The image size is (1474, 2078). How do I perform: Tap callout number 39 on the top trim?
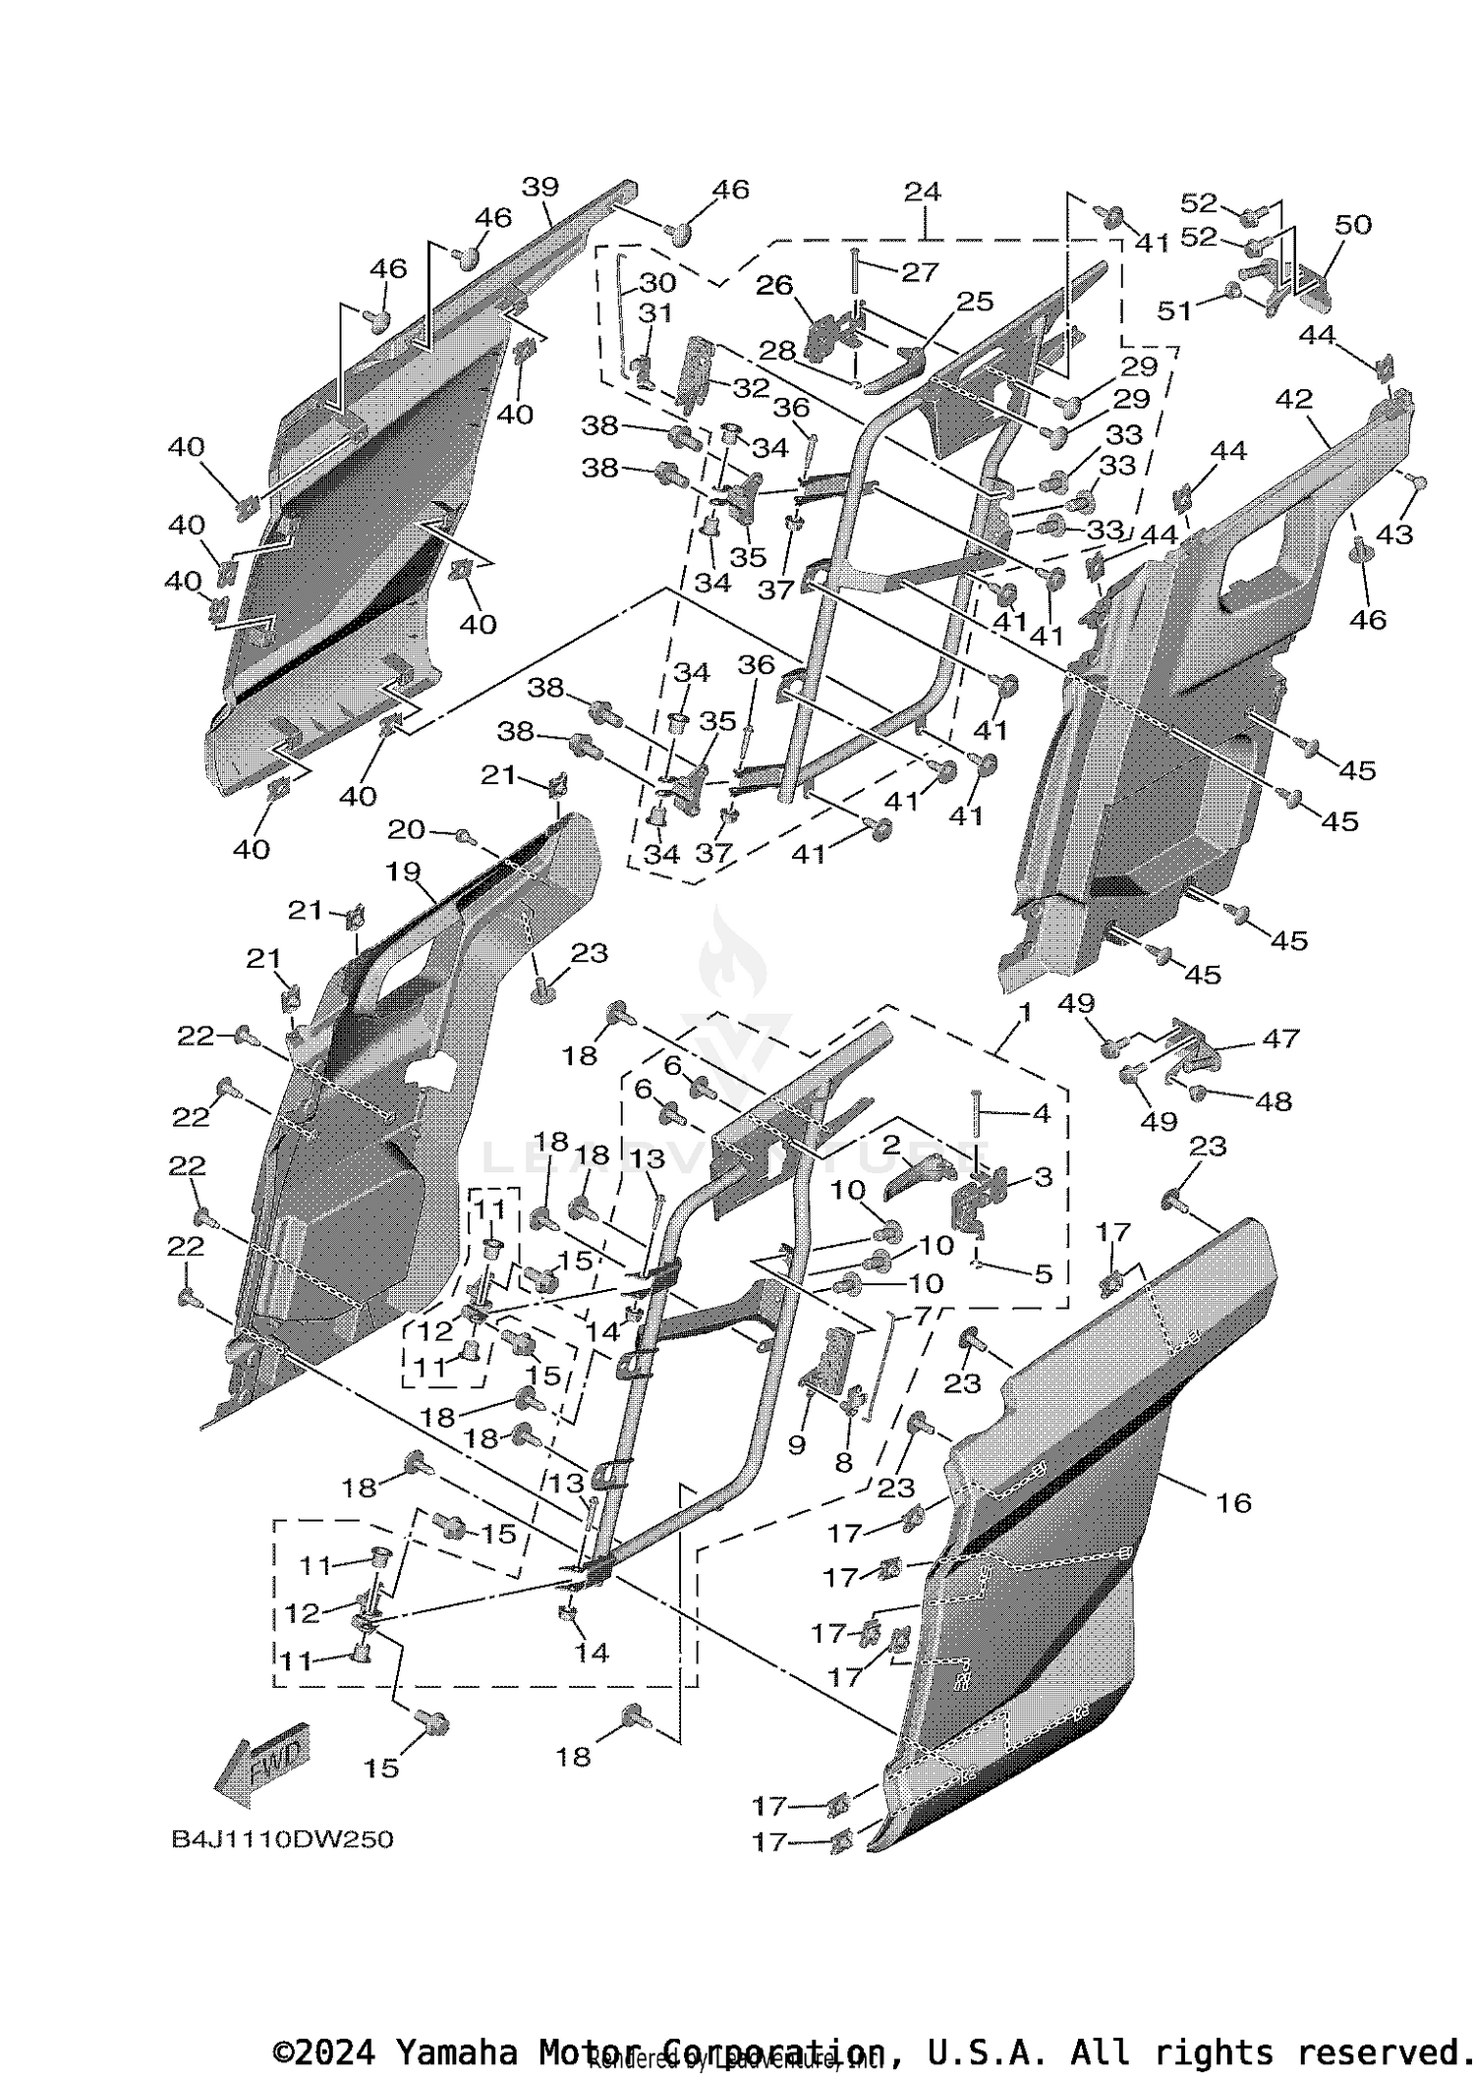(x=539, y=187)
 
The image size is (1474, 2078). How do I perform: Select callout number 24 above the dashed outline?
(x=922, y=192)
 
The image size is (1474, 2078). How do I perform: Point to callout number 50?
(x=1352, y=225)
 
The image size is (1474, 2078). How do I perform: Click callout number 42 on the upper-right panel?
(x=1293, y=400)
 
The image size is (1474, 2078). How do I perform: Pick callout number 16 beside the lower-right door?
(x=1233, y=1502)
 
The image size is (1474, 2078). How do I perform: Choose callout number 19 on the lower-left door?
(x=403, y=871)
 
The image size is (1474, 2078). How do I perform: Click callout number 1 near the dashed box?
(x=1024, y=1012)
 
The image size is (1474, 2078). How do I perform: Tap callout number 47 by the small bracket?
(x=1280, y=1038)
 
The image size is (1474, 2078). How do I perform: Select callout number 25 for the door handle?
(x=975, y=302)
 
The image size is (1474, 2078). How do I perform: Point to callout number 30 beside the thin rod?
(x=657, y=283)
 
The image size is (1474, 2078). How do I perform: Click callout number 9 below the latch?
(x=796, y=1444)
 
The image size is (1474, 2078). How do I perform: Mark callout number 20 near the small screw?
(x=406, y=830)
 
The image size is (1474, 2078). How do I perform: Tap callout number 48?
(x=1274, y=1101)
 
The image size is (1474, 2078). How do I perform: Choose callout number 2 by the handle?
(x=891, y=1145)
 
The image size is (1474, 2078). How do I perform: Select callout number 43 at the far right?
(x=1393, y=534)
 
